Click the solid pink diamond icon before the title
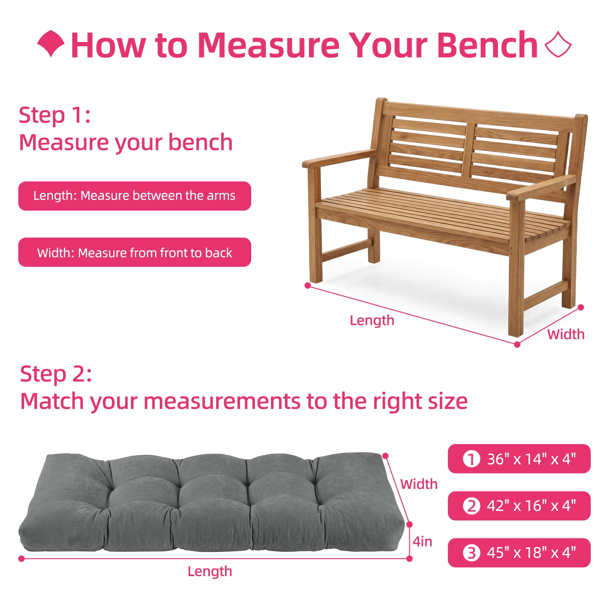(x=51, y=44)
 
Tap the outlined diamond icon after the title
(x=558, y=44)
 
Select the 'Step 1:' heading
(x=55, y=115)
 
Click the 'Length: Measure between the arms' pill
(x=135, y=196)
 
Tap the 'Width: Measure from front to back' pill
(x=135, y=252)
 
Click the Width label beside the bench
(x=566, y=334)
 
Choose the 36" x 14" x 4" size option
(x=519, y=459)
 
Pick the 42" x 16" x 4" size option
(x=519, y=506)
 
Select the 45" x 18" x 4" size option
(x=519, y=553)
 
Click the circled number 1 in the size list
(x=472, y=459)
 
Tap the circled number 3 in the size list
(x=472, y=553)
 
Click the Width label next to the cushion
(x=419, y=484)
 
